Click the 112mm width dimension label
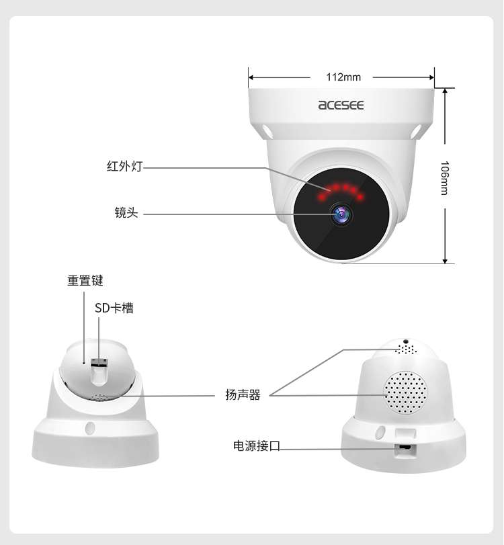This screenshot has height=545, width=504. tap(343, 77)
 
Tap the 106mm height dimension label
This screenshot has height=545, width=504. tap(445, 177)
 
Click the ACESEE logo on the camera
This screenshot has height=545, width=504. tap(341, 105)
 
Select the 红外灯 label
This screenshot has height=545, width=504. tap(125, 166)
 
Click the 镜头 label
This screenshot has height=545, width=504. tap(126, 212)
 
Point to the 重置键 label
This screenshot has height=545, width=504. tap(85, 280)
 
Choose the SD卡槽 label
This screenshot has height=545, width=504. tap(114, 308)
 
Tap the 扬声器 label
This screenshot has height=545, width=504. tap(243, 395)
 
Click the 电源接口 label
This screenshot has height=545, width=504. tap(257, 446)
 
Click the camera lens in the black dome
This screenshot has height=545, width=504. tap(341, 214)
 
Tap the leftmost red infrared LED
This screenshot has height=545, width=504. tap(322, 197)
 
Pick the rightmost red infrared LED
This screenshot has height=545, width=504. tap(360, 197)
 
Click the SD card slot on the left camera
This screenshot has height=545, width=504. tap(99, 362)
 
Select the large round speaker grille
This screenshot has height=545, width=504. tap(405, 392)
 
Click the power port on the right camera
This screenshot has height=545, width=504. tap(405, 447)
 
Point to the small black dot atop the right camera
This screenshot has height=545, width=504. tap(406, 341)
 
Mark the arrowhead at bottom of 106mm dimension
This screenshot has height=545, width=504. tap(445, 261)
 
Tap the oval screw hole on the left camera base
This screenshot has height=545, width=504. tap(90, 428)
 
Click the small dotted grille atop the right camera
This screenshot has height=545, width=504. tap(406, 349)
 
